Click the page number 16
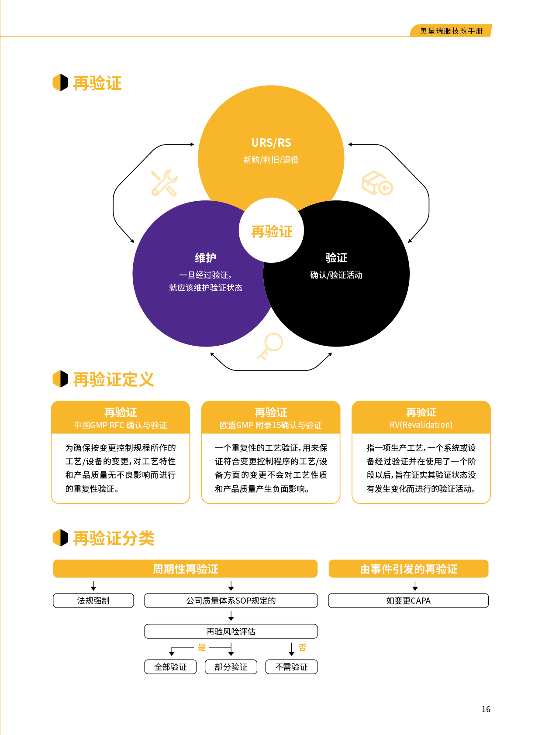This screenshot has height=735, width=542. pyautogui.click(x=486, y=709)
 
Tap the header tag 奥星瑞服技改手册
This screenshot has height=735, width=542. pyautogui.click(x=451, y=31)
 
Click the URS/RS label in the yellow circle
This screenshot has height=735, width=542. pyautogui.click(x=271, y=143)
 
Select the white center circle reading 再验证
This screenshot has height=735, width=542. pyautogui.click(x=271, y=231)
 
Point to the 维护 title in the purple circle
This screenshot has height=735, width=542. pyautogui.click(x=205, y=258)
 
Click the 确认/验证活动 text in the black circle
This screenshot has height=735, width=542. pyautogui.click(x=336, y=275)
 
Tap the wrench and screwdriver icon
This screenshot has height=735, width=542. pyautogui.click(x=164, y=183)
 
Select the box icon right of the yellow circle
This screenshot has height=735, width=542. pyautogui.click(x=377, y=183)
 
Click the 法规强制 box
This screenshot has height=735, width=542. pyautogui.click(x=93, y=601)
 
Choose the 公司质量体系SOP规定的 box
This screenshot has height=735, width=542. pyautogui.click(x=231, y=601)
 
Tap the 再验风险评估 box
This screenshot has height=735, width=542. pyautogui.click(x=231, y=632)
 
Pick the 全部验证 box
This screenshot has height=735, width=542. pyautogui.click(x=170, y=667)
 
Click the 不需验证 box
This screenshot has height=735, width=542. pyautogui.click(x=291, y=667)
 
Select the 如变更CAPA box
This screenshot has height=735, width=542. pyautogui.click(x=408, y=601)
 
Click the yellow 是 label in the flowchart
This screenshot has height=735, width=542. pyautogui.click(x=202, y=647)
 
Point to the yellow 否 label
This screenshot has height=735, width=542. pyautogui.click(x=302, y=647)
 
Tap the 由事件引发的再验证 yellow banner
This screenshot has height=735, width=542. pyautogui.click(x=408, y=569)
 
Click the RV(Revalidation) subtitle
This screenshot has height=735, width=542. pyautogui.click(x=421, y=425)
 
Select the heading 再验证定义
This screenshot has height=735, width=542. pyautogui.click(x=114, y=379)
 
